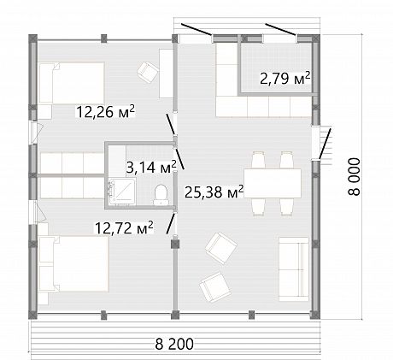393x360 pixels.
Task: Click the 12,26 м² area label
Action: (105, 112)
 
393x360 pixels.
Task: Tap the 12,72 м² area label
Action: (124, 227)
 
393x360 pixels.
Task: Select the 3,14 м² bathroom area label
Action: (151, 167)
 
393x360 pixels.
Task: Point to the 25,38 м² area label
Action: (214, 192)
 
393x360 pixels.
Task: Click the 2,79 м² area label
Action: (284, 79)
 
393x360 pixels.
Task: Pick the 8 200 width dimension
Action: (174, 344)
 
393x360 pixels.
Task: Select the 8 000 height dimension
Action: (354, 177)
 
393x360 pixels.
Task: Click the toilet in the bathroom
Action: (161, 195)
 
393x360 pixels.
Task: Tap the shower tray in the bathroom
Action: (121, 192)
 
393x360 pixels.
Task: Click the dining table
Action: (273, 183)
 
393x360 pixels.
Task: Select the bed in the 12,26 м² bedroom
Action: (72, 83)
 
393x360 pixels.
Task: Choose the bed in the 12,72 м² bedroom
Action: (73, 263)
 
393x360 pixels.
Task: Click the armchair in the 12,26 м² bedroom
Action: (148, 73)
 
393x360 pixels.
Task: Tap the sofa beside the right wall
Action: (294, 269)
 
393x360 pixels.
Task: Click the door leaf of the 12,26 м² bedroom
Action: (170, 124)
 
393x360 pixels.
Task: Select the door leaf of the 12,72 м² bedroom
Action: (170, 223)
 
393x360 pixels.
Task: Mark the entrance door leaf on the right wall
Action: (325, 144)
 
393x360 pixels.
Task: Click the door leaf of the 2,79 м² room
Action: (280, 30)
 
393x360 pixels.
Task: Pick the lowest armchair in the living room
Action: (214, 288)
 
